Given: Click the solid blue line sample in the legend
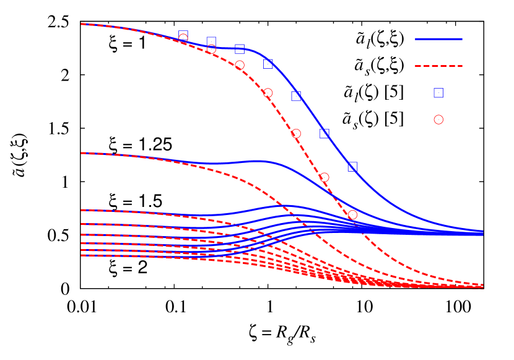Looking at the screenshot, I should point(438,39).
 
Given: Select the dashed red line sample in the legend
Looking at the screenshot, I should point(438,66).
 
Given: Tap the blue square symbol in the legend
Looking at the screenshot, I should point(438,93).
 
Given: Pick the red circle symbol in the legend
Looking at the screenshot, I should point(438,120).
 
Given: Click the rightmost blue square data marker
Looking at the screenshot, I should point(352,167).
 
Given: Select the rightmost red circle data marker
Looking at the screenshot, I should point(352,214).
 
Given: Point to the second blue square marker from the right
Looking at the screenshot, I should point(324,133).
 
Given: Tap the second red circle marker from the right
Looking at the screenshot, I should point(324,177).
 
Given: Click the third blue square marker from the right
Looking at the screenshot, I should point(296,96).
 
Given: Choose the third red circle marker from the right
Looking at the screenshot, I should point(296,133).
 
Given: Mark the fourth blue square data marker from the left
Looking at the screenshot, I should point(268,64).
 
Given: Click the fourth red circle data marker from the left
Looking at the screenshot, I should point(268,92).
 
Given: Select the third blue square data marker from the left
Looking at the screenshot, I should point(240,49).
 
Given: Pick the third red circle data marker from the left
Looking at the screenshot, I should point(240,65).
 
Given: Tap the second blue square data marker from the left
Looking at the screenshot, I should point(211,42).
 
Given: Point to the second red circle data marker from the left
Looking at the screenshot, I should point(211,49).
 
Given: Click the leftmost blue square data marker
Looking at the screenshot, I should point(183,35).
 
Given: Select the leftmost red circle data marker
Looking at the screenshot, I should point(183,38).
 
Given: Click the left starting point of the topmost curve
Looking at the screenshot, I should point(82,24).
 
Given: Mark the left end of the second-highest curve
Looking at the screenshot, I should point(82,153).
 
